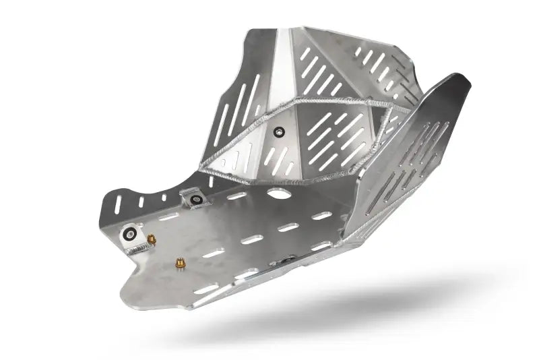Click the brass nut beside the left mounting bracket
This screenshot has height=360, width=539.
pyautogui.click(x=152, y=239)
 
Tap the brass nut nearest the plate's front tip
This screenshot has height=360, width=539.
pyautogui.click(x=180, y=263)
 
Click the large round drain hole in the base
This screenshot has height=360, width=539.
pyautogui.click(x=276, y=193)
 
